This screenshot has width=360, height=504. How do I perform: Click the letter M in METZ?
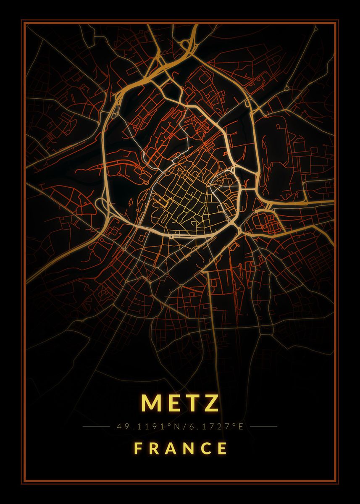click(150, 403)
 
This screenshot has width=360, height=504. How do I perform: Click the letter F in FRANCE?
click(137, 449)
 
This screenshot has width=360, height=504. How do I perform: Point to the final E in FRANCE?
click(223, 449)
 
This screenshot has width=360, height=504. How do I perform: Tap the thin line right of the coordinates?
click(263, 427)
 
